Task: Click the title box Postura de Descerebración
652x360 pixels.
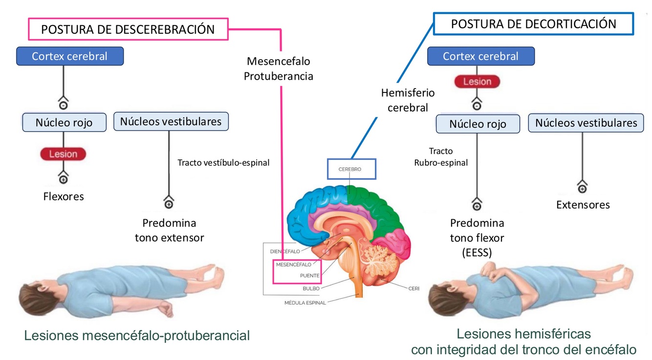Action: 128,29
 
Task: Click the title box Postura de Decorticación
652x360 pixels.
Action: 533,24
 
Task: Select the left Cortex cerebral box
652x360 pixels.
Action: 70,56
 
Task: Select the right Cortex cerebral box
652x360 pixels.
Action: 480,56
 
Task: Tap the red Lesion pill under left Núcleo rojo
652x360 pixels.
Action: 63,154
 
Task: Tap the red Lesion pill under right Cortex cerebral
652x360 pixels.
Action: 477,82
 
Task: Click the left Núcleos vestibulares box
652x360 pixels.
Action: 171,121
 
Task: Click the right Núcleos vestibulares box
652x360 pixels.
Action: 586,123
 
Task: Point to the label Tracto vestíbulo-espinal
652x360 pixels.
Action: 223,163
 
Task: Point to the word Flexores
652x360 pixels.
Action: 64,197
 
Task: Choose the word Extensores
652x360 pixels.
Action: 583,205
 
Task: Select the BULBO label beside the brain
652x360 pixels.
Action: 311,289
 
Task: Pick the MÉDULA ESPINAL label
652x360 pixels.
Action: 305,303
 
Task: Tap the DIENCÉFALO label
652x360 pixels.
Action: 285,251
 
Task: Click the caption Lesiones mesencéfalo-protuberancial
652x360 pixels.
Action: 137,336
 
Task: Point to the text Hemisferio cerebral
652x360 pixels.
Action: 408,100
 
